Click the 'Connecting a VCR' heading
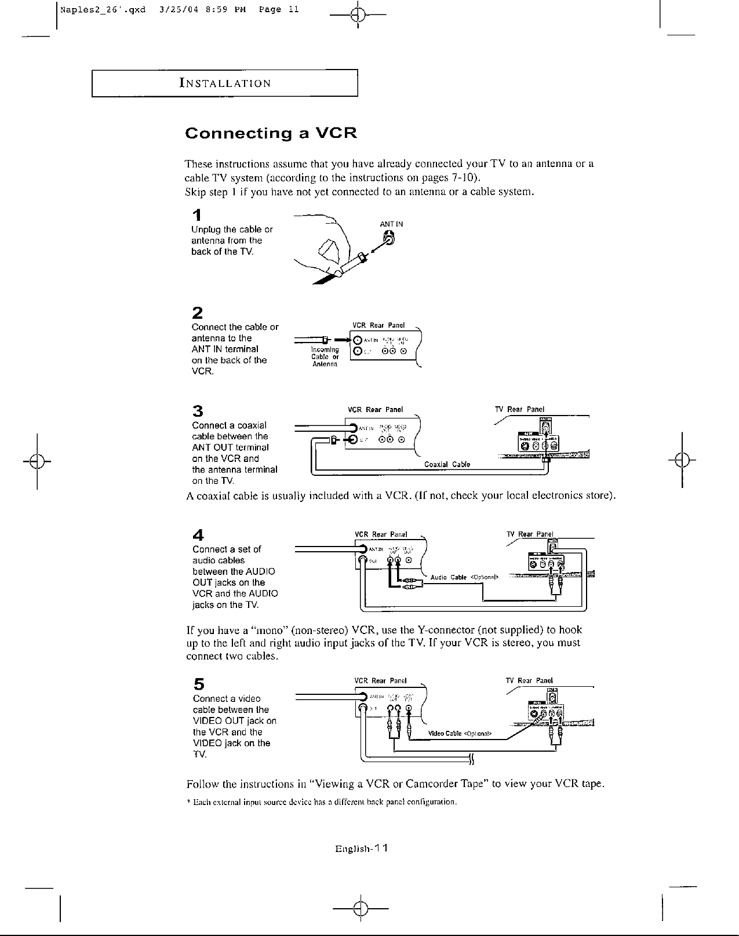(270, 133)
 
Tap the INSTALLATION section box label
(225, 83)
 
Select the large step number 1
(198, 216)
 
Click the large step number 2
(198, 313)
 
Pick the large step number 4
(198, 534)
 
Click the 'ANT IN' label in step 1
(391, 224)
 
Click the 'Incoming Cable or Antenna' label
(325, 357)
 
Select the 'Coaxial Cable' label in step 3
(447, 464)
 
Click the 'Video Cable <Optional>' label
(460, 734)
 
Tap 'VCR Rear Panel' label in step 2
(378, 325)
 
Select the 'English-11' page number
(361, 848)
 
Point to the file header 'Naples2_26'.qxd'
(104, 10)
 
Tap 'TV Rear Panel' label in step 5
(529, 680)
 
